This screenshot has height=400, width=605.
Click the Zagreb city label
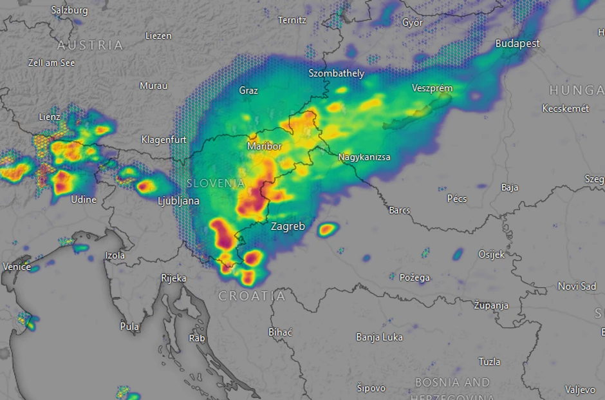(288, 227)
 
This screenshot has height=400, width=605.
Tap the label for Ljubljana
(178, 201)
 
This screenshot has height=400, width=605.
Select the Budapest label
(517, 44)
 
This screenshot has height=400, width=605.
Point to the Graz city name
(248, 90)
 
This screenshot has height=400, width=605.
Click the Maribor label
(264, 146)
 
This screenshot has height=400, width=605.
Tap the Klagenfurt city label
(163, 139)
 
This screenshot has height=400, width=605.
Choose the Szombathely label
(336, 73)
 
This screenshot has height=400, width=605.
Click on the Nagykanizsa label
(364, 157)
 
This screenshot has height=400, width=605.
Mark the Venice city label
(16, 267)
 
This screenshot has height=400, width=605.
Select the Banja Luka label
(379, 337)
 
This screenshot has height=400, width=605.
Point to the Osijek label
(492, 254)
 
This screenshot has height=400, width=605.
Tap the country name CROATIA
(252, 296)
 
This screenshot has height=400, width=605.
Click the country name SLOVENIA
(216, 183)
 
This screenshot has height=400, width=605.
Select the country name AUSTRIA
(90, 45)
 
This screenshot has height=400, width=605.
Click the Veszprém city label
(433, 88)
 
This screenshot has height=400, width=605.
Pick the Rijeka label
(173, 278)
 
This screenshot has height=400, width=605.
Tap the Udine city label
(84, 199)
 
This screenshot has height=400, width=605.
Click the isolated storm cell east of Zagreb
(328, 228)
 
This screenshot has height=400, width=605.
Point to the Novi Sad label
(577, 286)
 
